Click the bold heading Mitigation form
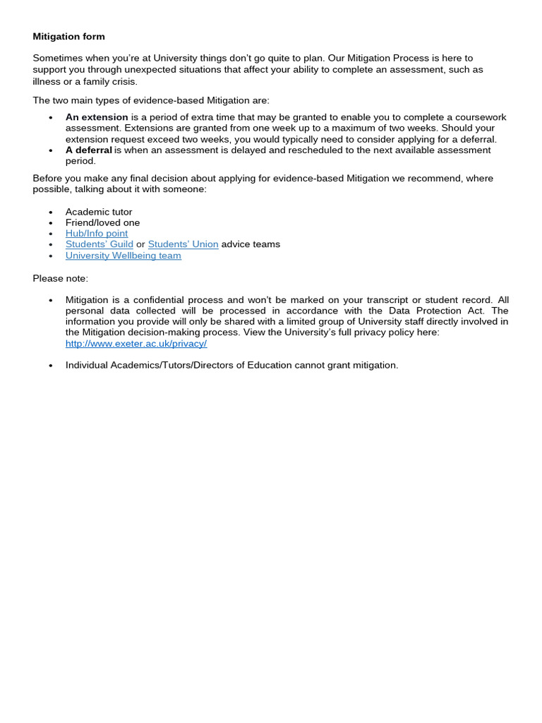coord(68,37)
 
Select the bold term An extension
coord(97,117)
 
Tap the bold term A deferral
coord(89,150)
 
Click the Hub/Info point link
coord(97,234)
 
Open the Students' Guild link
coord(100,244)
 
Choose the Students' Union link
coord(183,244)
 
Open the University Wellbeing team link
coord(124,256)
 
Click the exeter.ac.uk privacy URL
coord(136,344)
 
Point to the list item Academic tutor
coord(99,212)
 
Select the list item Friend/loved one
coord(102,222)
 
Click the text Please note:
coord(61,278)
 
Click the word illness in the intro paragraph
coord(47,81)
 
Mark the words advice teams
coord(251,244)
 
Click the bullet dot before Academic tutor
coord(51,213)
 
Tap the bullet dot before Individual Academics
coord(51,366)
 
